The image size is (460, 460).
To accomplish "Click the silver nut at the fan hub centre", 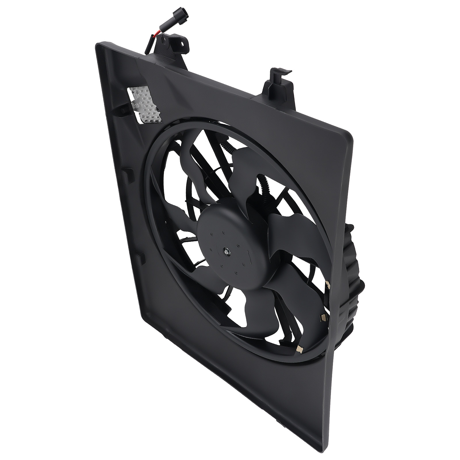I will (227, 252).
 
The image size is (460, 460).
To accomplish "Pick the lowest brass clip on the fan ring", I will (300, 349).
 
